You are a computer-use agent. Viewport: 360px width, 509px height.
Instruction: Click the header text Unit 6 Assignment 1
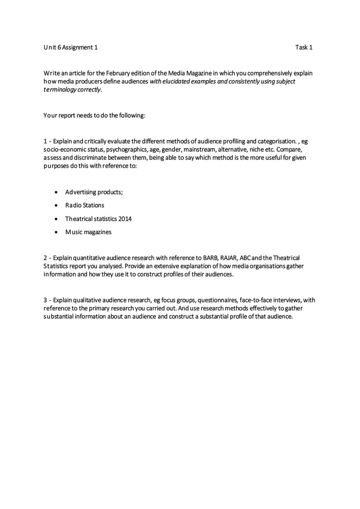71,47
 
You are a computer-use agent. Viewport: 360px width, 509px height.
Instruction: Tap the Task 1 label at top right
304,47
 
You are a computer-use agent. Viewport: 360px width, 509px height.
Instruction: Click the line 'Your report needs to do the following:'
94,116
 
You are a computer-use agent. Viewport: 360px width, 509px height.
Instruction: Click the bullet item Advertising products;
94,192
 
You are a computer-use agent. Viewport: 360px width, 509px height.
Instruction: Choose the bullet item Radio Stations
85,205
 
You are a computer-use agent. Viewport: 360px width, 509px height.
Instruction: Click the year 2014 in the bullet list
125,218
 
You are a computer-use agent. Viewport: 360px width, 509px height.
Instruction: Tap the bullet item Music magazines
88,232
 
